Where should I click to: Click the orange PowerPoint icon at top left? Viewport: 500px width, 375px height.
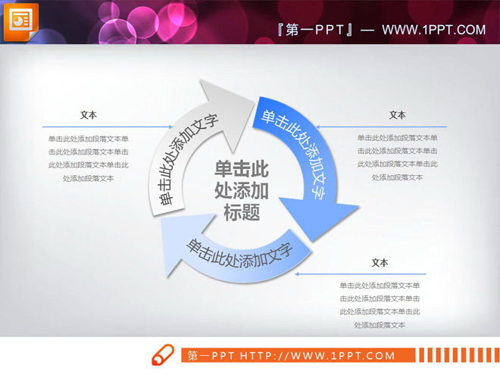click(x=20, y=20)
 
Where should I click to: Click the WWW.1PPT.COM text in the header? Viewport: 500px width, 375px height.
click(x=433, y=30)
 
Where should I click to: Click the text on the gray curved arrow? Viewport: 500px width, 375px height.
click(x=184, y=160)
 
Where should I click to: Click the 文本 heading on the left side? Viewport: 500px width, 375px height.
click(x=88, y=115)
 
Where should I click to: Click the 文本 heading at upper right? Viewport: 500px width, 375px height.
click(x=398, y=115)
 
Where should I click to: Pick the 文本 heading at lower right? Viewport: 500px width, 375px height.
click(x=380, y=263)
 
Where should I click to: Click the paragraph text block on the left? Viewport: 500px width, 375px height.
click(x=88, y=158)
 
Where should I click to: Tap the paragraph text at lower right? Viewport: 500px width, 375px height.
click(x=380, y=305)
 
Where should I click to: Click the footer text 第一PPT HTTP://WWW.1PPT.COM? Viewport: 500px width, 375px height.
click(x=291, y=355)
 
